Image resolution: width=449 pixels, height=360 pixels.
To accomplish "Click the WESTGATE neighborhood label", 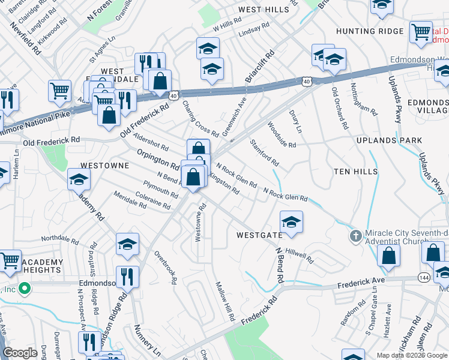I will tap(259, 235).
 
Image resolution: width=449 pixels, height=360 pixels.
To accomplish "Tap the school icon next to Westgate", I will tap(291, 223).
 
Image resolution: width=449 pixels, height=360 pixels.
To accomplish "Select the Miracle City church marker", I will tap(355, 236).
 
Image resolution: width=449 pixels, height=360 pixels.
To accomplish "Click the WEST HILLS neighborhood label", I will tap(264, 10).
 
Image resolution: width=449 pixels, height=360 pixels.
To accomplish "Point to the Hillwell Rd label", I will tap(300, 256).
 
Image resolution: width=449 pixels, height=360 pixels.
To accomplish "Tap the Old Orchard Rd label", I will tap(339, 109).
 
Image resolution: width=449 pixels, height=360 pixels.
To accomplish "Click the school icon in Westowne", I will tap(79, 180).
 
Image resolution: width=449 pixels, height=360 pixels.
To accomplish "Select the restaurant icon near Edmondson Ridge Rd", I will tap(127, 277).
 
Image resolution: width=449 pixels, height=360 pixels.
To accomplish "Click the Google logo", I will tap(20, 353).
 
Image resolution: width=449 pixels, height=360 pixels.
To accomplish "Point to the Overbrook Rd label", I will tap(165, 263).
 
